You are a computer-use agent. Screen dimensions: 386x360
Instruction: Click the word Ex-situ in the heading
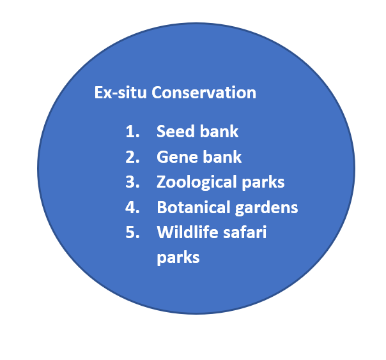(120, 93)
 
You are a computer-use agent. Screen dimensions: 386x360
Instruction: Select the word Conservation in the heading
(204, 93)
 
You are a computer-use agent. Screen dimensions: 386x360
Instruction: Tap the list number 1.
(132, 131)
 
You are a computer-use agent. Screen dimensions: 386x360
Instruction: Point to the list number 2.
(132, 157)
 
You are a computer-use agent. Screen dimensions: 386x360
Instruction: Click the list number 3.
(132, 182)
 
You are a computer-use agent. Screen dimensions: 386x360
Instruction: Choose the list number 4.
(132, 207)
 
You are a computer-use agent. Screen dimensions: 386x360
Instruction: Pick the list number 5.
(132, 232)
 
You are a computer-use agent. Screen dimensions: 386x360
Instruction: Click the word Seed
(176, 131)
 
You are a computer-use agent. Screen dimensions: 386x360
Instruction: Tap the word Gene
(178, 157)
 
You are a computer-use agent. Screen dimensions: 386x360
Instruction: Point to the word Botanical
(194, 207)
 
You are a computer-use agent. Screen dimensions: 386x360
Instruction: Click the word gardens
(266, 208)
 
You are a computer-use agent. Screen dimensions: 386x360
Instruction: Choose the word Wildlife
(188, 232)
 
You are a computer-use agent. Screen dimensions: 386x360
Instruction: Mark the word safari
(245, 232)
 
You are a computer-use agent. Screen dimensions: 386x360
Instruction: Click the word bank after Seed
(219, 131)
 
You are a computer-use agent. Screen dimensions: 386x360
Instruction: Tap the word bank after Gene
(222, 156)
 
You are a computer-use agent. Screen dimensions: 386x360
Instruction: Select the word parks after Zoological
(263, 183)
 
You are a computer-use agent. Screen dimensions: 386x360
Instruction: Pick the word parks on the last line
(178, 259)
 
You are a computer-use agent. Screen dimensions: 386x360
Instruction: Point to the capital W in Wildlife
(166, 232)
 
